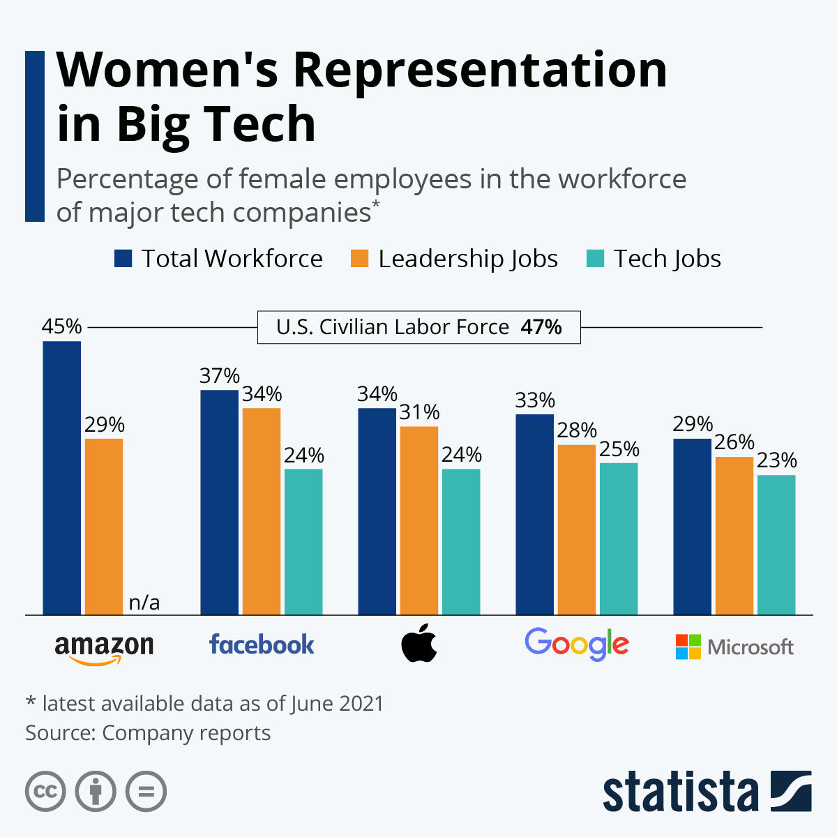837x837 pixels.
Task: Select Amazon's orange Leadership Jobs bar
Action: click(103, 527)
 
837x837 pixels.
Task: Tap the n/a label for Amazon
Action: click(144, 603)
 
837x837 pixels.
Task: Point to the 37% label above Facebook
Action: click(220, 376)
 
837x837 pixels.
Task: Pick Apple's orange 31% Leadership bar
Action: click(418, 520)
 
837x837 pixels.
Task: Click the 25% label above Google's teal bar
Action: click(619, 449)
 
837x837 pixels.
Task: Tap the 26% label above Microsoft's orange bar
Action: click(734, 443)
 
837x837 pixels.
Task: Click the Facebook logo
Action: click(262, 644)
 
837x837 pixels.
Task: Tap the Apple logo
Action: click(419, 644)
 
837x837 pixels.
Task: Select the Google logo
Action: click(577, 644)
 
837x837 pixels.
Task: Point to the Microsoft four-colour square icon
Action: click(688, 647)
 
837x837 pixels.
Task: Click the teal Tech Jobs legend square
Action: click(595, 259)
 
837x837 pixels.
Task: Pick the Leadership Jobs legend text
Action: click(467, 259)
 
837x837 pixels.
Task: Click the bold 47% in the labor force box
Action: click(541, 327)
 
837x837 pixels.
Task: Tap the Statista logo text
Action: click(680, 792)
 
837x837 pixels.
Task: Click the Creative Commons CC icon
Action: click(45, 792)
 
